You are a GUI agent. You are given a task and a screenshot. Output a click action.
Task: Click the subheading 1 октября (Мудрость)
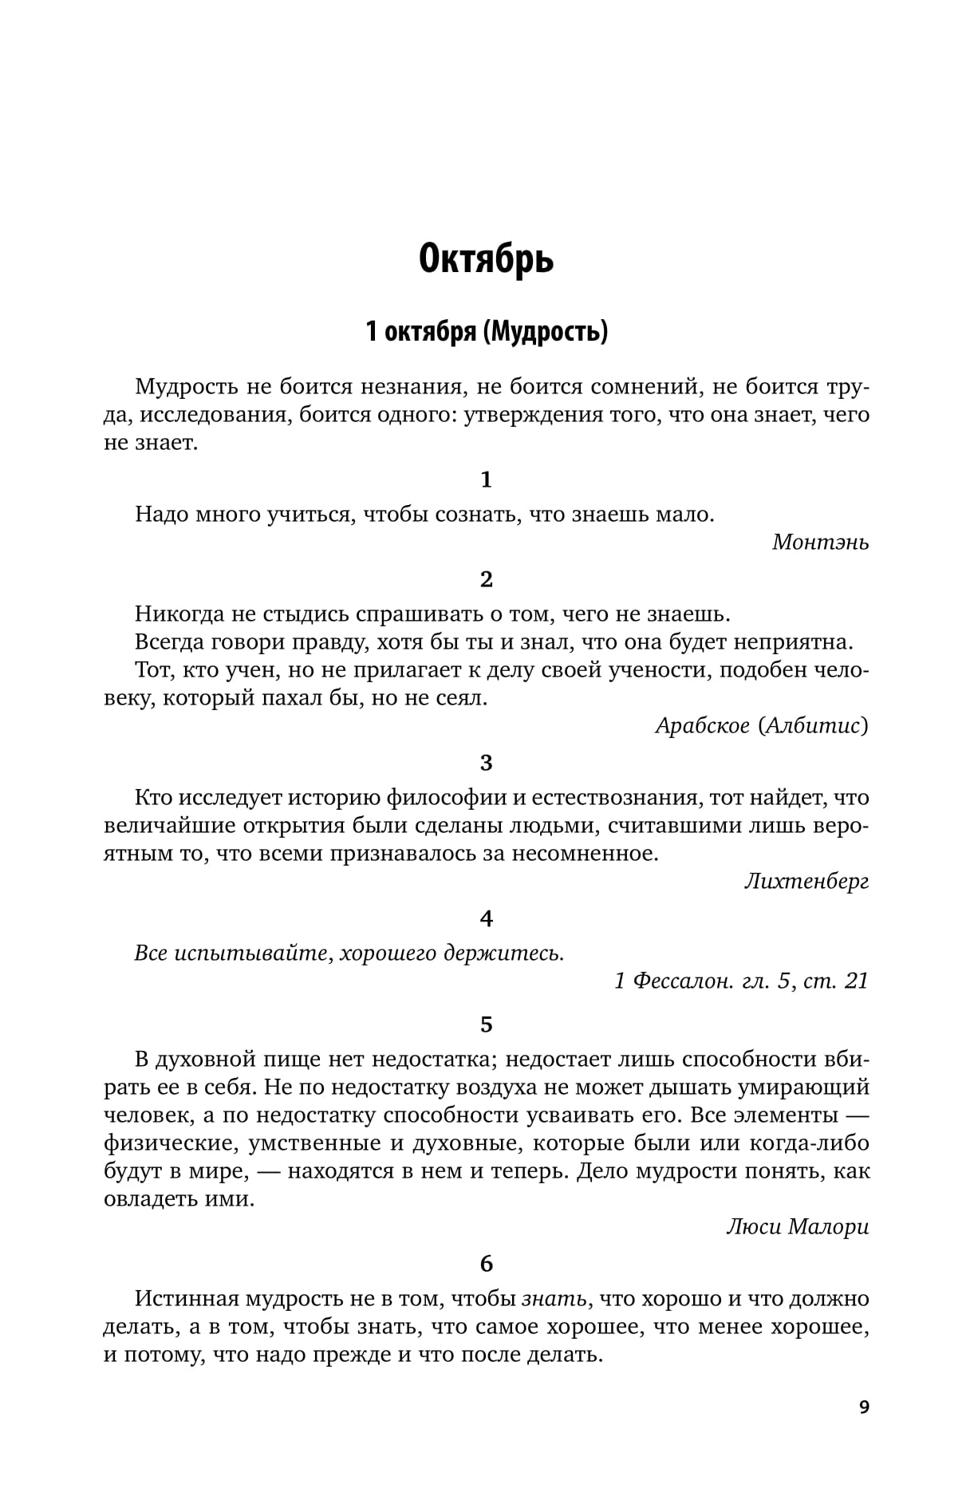click(487, 331)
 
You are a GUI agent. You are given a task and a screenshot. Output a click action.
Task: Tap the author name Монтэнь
click(820, 543)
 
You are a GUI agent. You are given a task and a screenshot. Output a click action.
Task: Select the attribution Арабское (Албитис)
click(762, 725)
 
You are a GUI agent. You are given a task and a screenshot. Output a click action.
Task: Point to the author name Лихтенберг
click(806, 882)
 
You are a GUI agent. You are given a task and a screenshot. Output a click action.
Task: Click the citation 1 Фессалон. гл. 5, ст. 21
click(741, 981)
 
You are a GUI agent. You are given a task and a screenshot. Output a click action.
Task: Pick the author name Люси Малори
click(797, 1227)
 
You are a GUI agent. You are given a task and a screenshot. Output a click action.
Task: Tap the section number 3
click(487, 763)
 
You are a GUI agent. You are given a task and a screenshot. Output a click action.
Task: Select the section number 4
click(487, 918)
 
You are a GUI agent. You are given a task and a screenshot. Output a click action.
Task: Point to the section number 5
click(487, 1024)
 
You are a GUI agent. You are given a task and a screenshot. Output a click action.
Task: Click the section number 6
click(487, 1264)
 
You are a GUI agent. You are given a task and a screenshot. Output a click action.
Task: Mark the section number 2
click(487, 579)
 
